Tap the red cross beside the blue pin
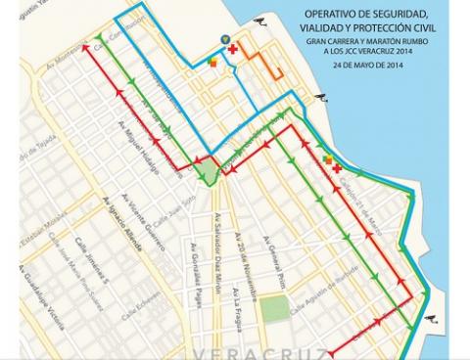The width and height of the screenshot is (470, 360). tap(233, 49)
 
